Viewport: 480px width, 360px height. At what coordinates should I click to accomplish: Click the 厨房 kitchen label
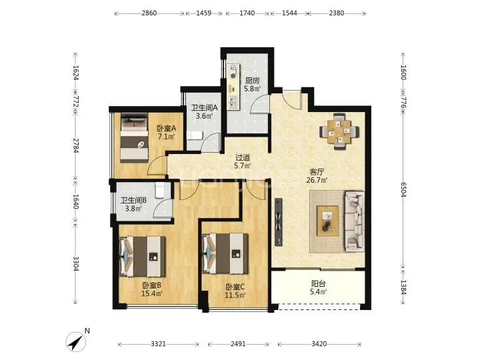coord(253,81)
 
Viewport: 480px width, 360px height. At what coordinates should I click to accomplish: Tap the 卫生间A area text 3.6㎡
coord(204,116)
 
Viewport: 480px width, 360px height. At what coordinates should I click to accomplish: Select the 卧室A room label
coord(166,128)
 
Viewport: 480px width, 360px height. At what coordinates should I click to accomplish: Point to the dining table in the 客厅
coord(339,131)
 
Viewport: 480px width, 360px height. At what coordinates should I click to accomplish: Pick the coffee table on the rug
coord(327,221)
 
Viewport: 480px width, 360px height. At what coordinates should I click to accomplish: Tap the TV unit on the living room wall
coord(278,222)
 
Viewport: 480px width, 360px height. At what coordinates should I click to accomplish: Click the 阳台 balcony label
coord(319,284)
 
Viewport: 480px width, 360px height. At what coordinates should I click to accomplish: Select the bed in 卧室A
coord(135,138)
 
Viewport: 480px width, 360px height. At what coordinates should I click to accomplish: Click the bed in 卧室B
coord(142,256)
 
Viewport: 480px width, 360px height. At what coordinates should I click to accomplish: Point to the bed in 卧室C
coord(225,254)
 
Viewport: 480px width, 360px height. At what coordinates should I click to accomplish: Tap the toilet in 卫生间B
coord(160,191)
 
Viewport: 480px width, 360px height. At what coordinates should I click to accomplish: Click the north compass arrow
coord(75,341)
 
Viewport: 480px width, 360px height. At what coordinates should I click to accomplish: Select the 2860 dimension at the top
coord(149,13)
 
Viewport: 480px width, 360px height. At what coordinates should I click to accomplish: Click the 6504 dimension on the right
coord(403,190)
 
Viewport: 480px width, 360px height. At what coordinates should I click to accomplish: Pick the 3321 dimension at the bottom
coord(158,344)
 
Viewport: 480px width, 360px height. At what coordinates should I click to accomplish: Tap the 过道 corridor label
coord(243,158)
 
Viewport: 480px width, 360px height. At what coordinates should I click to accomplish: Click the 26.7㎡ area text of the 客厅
coord(317,180)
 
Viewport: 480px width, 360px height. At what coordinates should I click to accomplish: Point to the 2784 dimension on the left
coord(75,145)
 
